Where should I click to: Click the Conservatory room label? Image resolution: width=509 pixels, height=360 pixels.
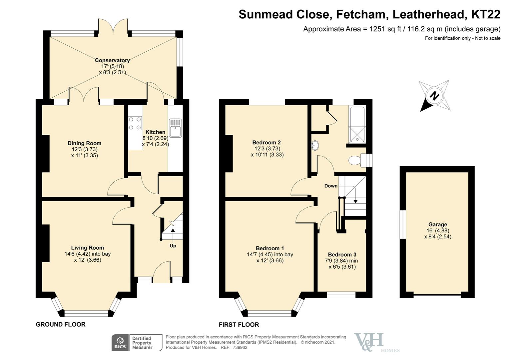[112, 60]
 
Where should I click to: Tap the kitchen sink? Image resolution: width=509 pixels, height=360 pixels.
[176, 128]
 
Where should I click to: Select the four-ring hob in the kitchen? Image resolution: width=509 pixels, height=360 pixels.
[135, 123]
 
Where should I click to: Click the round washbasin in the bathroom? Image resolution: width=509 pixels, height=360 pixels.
[315, 145]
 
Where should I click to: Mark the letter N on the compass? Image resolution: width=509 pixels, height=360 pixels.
[434, 96]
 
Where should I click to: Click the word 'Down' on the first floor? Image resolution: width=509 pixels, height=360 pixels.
[331, 186]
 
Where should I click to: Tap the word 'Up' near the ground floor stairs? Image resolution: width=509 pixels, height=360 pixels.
[173, 246]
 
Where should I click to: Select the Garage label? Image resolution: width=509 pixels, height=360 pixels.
[438, 225]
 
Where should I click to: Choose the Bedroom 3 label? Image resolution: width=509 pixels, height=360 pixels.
[342, 254]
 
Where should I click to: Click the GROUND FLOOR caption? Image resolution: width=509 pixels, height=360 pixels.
[61, 324]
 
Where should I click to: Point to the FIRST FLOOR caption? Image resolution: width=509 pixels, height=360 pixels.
[239, 325]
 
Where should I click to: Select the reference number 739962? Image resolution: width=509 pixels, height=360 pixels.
[240, 347]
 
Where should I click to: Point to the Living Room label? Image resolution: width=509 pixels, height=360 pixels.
[88, 248]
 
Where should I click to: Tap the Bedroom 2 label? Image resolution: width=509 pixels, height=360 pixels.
[266, 143]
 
